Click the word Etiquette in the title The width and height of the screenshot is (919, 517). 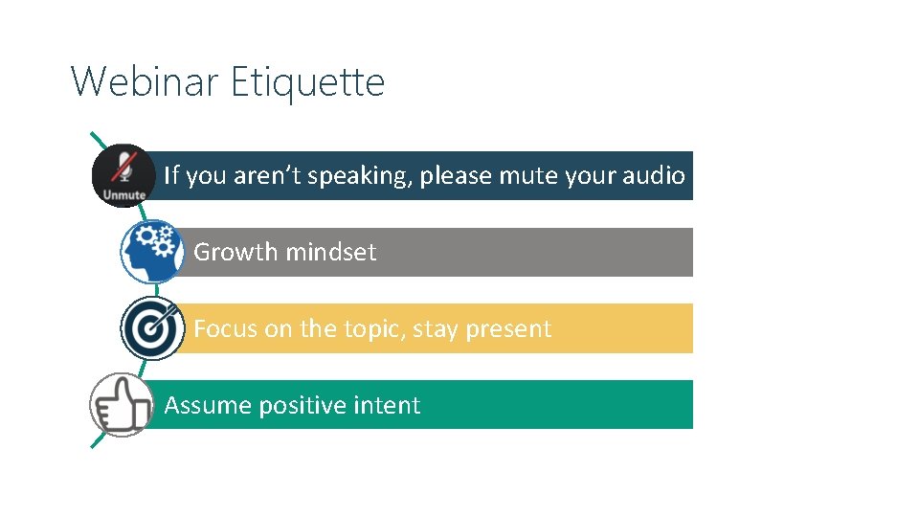(307, 82)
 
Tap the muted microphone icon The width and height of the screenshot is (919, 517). (123, 168)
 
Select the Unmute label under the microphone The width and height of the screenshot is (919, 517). (123, 194)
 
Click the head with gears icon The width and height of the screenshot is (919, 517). (151, 251)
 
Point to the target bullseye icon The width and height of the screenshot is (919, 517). (152, 328)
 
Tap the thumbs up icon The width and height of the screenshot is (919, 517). (122, 404)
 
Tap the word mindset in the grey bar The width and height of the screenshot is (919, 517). (331, 253)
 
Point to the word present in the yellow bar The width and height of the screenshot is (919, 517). (507, 329)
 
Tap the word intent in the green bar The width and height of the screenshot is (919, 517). (389, 406)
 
